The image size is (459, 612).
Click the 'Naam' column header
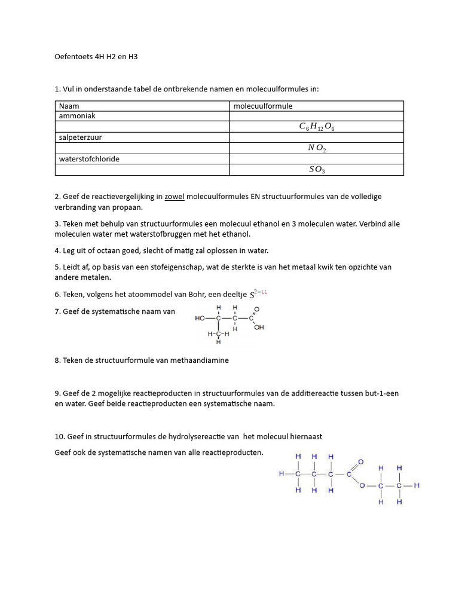pyautogui.click(x=69, y=106)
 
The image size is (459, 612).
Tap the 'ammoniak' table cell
pyautogui.click(x=77, y=116)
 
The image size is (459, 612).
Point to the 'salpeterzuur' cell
pyautogui.click(x=80, y=137)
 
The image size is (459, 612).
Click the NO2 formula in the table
pyautogui.click(x=317, y=148)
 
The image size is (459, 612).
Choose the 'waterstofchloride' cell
pyautogui.click(x=87, y=159)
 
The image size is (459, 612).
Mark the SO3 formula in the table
pyautogui.click(x=317, y=170)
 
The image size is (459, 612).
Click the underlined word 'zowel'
pyautogui.click(x=174, y=196)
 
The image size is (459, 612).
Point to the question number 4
pyautogui.click(x=57, y=250)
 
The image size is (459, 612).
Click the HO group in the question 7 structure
pyautogui.click(x=200, y=318)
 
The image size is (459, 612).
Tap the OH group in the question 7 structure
pyautogui.click(x=259, y=328)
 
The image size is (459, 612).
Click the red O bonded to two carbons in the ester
pyautogui.click(x=362, y=485)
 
